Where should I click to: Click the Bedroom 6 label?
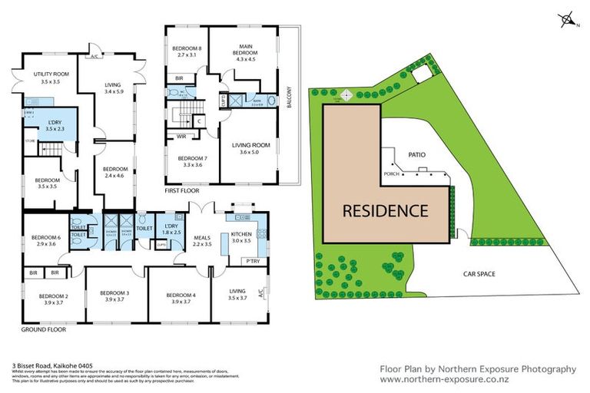pos(42,241)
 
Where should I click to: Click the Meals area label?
pos(201,241)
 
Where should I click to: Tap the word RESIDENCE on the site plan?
pos(384,210)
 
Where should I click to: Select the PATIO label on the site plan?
pos(416,154)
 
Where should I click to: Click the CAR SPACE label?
pos(478,272)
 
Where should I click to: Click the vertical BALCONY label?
pos(290,99)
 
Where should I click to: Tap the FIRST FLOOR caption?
pos(182,190)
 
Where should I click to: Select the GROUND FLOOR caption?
pos(44,329)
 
